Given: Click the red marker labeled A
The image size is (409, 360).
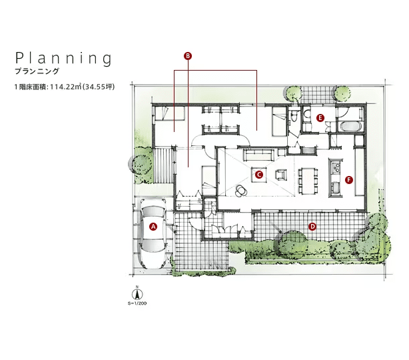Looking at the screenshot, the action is [x=153, y=227].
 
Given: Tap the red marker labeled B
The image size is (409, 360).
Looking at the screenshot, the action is [x=188, y=56].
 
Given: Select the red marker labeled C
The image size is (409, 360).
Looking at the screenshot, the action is [x=258, y=175].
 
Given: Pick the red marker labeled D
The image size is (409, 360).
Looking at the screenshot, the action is [x=312, y=227].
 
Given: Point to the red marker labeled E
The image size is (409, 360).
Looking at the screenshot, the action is [x=320, y=118].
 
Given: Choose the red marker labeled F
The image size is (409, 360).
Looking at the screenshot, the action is [x=349, y=180].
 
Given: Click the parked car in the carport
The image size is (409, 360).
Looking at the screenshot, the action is [x=153, y=233].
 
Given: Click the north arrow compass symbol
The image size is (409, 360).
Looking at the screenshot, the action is [x=137, y=294].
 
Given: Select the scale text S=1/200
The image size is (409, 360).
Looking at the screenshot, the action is [x=137, y=303].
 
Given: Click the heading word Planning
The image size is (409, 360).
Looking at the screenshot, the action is [x=64, y=58].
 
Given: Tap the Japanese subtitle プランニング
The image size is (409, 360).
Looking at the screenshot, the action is [x=37, y=71].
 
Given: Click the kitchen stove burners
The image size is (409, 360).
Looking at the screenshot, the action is [x=336, y=167].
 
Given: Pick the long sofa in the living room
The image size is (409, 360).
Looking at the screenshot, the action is [x=258, y=155].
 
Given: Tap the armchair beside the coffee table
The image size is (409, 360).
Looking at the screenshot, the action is [x=280, y=175].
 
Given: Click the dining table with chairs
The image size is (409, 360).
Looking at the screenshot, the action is [x=308, y=181].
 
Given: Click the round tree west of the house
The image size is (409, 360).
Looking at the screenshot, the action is [x=141, y=164].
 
